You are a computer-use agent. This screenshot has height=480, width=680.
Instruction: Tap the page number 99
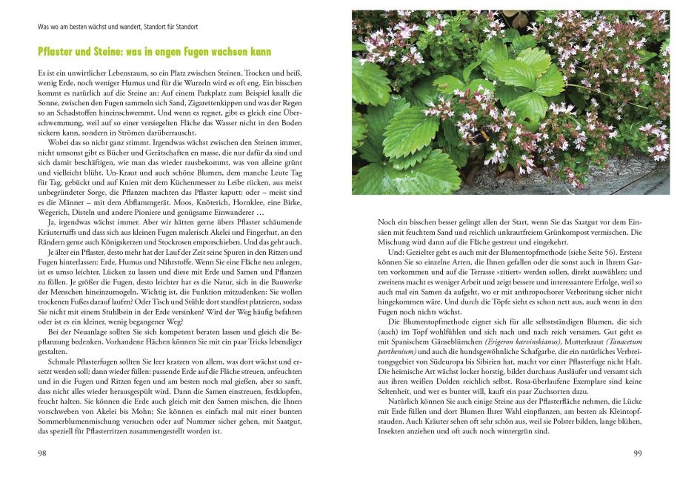pyautogui.click(x=636, y=453)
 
